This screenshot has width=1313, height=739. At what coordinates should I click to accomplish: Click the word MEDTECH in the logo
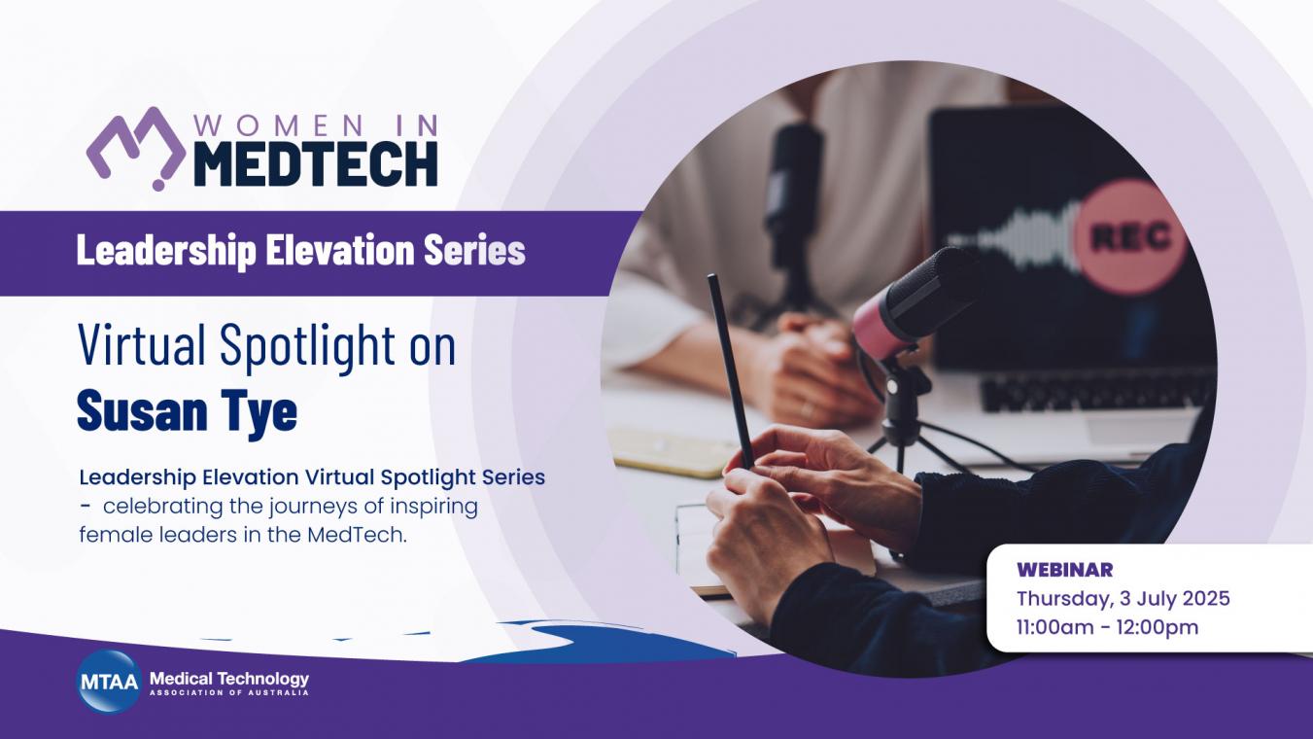click(316, 164)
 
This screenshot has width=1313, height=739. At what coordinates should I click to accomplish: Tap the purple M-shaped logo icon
click(136, 148)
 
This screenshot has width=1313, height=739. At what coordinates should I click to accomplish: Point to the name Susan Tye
click(187, 411)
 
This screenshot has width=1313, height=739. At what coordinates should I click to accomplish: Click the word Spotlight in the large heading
click(307, 346)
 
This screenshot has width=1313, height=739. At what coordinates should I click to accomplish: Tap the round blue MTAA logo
click(109, 682)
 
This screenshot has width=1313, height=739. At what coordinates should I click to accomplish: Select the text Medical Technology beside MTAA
click(229, 679)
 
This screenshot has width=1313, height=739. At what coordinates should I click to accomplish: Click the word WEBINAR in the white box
click(1064, 570)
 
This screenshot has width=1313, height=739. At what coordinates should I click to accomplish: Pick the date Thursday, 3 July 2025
click(1123, 598)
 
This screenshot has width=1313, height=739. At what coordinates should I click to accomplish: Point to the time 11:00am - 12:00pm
click(1107, 627)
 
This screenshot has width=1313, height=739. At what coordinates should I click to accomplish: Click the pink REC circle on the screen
click(1131, 237)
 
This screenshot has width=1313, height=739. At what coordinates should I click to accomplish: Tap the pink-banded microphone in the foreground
click(915, 305)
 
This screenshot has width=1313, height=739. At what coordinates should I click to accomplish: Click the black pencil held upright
click(730, 370)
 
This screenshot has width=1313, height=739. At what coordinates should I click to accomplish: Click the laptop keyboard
click(1096, 388)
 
